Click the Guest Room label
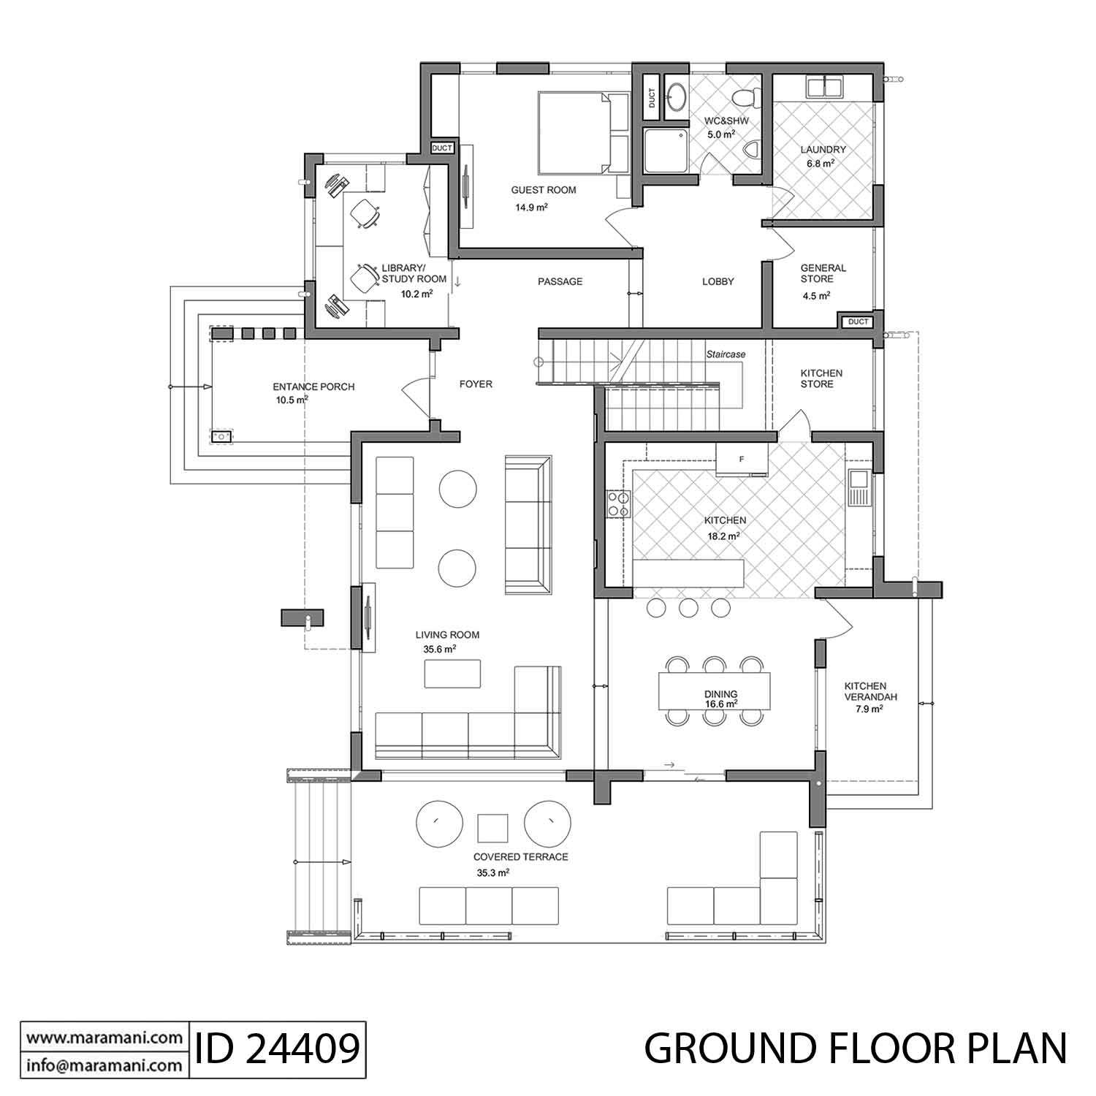543,190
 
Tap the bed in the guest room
574,132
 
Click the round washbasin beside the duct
677,94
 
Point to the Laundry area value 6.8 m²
821,164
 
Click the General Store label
823,273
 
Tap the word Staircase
726,354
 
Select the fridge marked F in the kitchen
741,460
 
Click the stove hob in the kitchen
618,503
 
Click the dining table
714,690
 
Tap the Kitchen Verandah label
865,691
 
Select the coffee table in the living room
453,674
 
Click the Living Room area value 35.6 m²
440,649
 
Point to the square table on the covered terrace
492,827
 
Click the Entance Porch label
313,387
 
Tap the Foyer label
476,384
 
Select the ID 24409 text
277,1049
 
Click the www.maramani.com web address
104,1038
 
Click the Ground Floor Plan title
855,1049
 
